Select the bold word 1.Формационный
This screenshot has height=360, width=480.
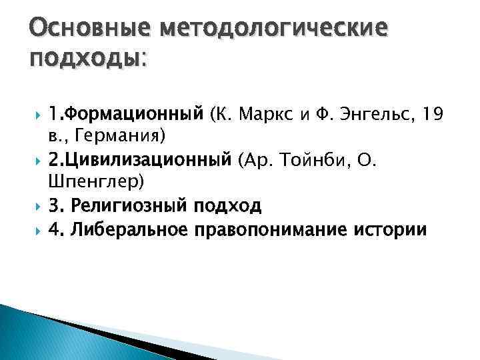(126, 115)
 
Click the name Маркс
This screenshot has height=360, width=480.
(262, 115)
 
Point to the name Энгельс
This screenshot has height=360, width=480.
(372, 115)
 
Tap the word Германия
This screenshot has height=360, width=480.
(123, 137)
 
